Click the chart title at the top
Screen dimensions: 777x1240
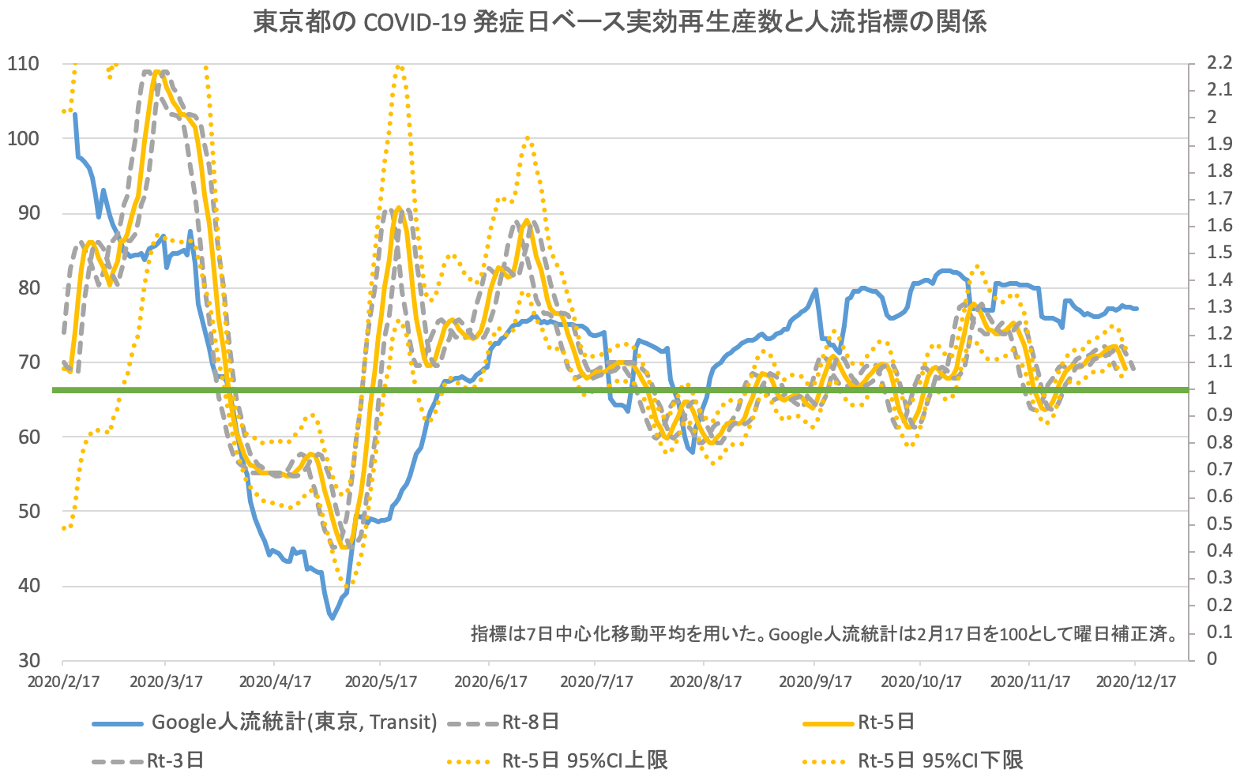[x=620, y=22]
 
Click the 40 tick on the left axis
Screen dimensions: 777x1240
[x=28, y=586]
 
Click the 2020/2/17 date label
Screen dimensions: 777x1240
[x=63, y=681]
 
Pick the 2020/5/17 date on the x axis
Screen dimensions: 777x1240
[x=381, y=681]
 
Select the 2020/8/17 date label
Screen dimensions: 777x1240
[x=705, y=681]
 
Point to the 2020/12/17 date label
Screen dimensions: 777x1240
[x=1135, y=681]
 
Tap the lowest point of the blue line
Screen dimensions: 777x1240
[x=333, y=618]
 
